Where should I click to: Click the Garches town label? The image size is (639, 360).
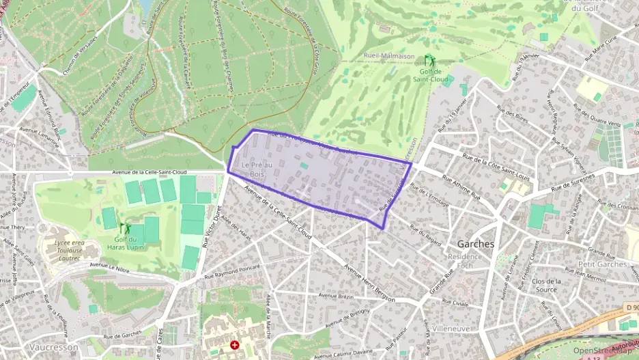tap(476, 244)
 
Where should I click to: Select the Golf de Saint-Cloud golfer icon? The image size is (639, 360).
tap(429, 60)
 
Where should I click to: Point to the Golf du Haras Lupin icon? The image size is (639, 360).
tap(125, 227)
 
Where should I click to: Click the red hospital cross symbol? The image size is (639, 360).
tap(236, 346)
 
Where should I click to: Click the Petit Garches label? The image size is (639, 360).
tap(601, 264)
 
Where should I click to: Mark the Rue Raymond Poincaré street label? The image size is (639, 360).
tap(232, 272)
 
